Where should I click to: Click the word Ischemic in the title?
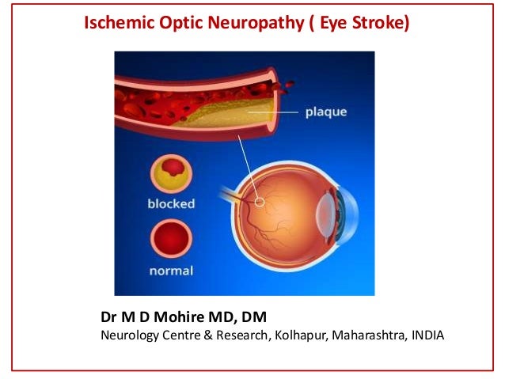coord(118,24)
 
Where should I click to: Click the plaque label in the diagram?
coord(325,112)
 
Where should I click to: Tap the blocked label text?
coord(170,203)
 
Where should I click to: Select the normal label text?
coord(170,271)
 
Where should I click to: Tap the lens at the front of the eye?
coord(325,214)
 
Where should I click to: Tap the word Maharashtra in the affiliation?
coord(371,335)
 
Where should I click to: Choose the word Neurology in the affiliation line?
coord(128,335)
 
